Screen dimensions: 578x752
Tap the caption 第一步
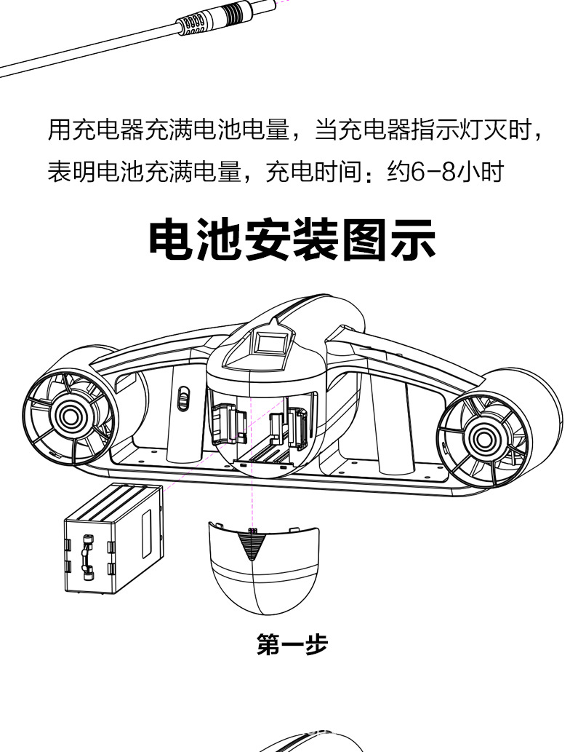click(x=292, y=644)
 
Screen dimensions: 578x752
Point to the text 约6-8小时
click(x=445, y=173)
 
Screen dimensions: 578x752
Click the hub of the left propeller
click(x=70, y=414)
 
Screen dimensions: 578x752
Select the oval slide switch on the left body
click(x=184, y=399)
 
